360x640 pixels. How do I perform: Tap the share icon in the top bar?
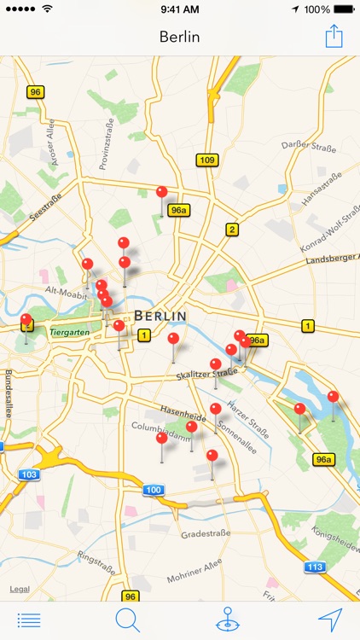click(x=333, y=36)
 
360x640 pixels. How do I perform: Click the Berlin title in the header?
click(x=179, y=37)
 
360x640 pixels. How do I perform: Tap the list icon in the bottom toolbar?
click(x=28, y=620)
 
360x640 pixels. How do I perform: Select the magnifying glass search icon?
click(x=127, y=620)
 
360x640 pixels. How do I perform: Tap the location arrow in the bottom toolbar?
click(x=330, y=620)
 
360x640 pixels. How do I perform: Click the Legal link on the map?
click(x=19, y=590)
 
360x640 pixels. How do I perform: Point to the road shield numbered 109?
click(x=206, y=160)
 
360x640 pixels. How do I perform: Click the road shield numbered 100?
click(x=153, y=489)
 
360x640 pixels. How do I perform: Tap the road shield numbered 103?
click(x=28, y=474)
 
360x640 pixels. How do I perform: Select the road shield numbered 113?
click(x=315, y=566)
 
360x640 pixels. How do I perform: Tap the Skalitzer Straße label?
click(x=206, y=374)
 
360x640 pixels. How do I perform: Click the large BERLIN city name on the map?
click(x=160, y=316)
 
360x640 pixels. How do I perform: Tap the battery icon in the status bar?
click(x=345, y=9)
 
